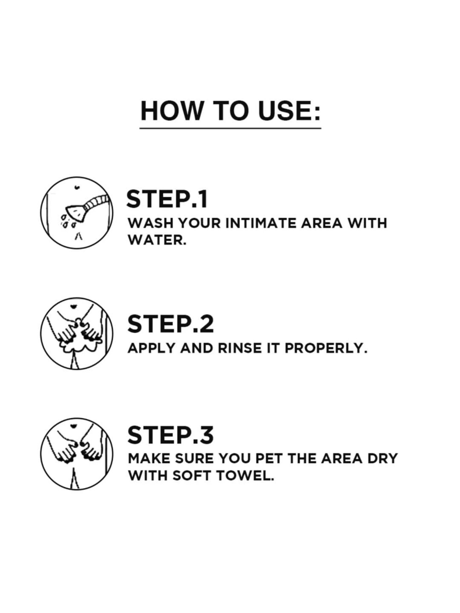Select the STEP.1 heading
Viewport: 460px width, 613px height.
[167, 200]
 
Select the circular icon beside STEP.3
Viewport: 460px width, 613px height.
[77, 454]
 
